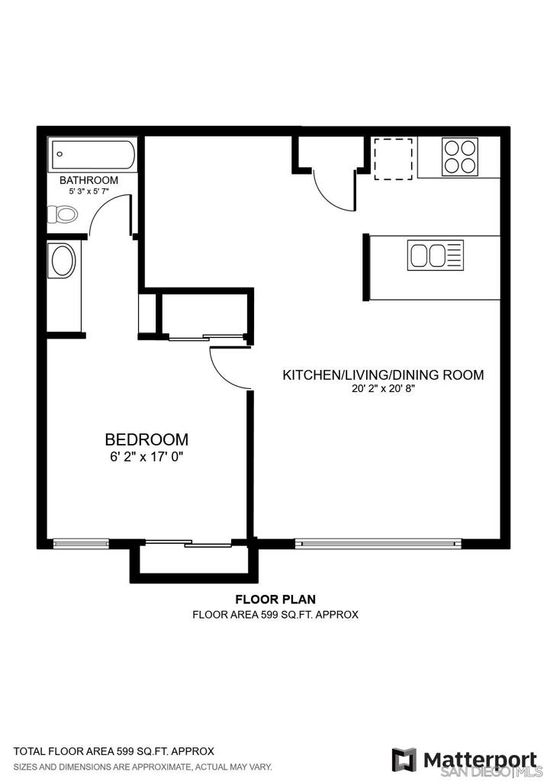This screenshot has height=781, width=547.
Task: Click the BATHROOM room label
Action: tap(88, 180)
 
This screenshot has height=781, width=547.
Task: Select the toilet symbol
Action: tap(63, 215)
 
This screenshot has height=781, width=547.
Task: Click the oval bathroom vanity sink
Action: tap(63, 260)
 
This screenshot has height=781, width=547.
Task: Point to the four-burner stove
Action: tap(460, 156)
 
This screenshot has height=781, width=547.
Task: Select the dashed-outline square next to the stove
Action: tap(393, 159)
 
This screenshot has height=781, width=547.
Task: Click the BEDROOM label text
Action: tap(146, 439)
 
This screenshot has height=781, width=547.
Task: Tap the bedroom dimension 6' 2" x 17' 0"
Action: tap(147, 457)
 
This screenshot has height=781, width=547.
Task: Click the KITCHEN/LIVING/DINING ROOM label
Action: tap(383, 375)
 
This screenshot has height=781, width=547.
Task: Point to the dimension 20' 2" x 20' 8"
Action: tap(383, 389)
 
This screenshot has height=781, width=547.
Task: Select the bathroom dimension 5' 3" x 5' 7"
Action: tap(88, 191)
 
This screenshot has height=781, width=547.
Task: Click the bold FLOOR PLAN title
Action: tap(275, 599)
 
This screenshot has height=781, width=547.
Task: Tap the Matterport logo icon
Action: tap(404, 760)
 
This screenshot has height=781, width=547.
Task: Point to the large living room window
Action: tap(378, 543)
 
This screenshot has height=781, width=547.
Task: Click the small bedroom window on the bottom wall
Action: tap(81, 543)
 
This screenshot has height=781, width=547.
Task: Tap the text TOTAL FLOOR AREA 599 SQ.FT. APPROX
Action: tap(114, 751)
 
